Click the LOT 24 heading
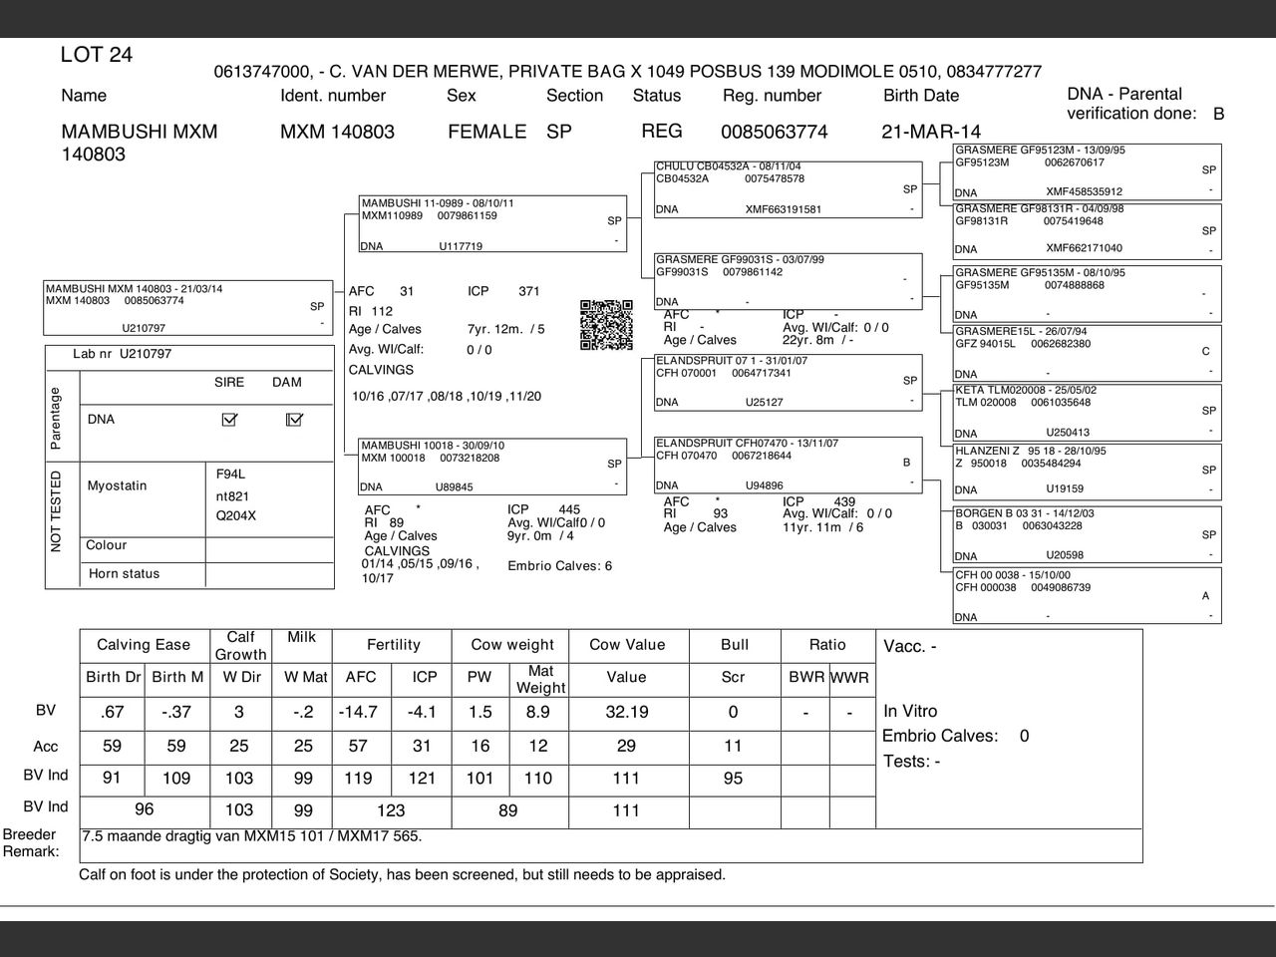97,55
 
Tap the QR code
606,325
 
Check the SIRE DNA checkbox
229,420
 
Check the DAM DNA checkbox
294,420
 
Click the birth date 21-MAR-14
931,132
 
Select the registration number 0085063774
775,132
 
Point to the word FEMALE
486,132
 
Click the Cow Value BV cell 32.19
626,712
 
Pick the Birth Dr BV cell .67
112,712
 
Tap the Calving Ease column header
144,645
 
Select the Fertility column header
394,645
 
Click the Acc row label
46,747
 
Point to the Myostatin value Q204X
236,516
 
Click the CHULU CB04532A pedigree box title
729,166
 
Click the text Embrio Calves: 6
560,566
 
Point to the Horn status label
124,574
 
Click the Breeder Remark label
30,842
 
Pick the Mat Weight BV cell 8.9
538,712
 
